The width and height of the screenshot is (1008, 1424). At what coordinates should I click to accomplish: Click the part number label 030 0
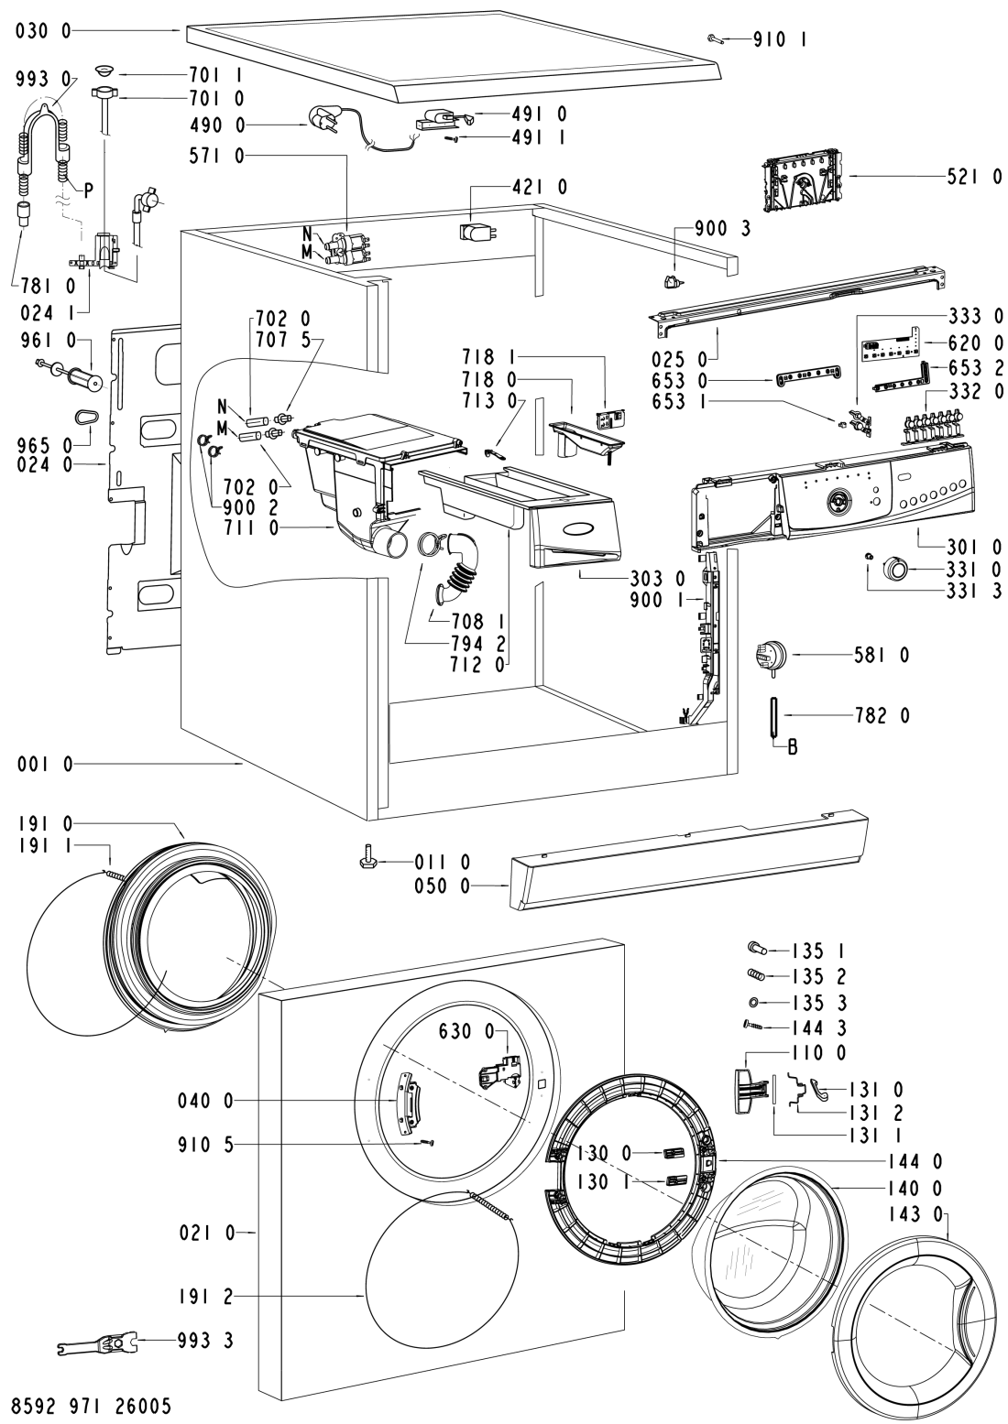click(x=40, y=30)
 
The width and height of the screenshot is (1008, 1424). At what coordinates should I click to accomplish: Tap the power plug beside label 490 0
click(x=322, y=125)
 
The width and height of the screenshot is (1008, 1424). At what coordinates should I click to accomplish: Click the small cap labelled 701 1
click(x=103, y=71)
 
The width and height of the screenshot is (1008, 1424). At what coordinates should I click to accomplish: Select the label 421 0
click(x=541, y=187)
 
